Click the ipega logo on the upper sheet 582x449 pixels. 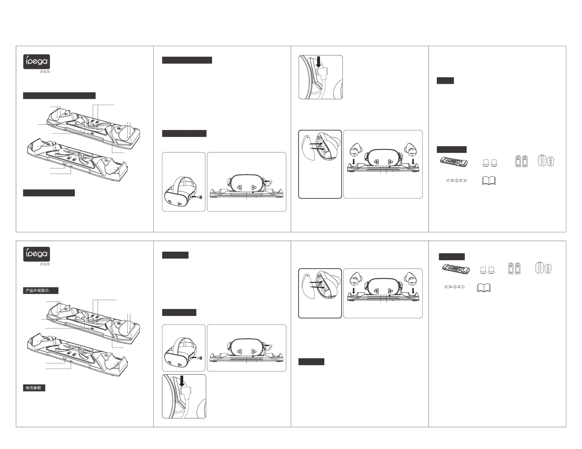coord(37,62)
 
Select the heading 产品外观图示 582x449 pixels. coord(38,290)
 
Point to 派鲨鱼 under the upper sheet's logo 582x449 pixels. coord(45,71)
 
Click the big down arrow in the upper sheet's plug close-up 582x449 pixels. coord(318,62)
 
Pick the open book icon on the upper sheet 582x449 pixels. coord(489,180)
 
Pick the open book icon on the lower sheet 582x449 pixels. coord(484,288)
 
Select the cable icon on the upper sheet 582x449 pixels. coord(456,180)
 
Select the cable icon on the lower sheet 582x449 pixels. coord(455,287)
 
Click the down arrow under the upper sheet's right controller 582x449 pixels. coord(413,161)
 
